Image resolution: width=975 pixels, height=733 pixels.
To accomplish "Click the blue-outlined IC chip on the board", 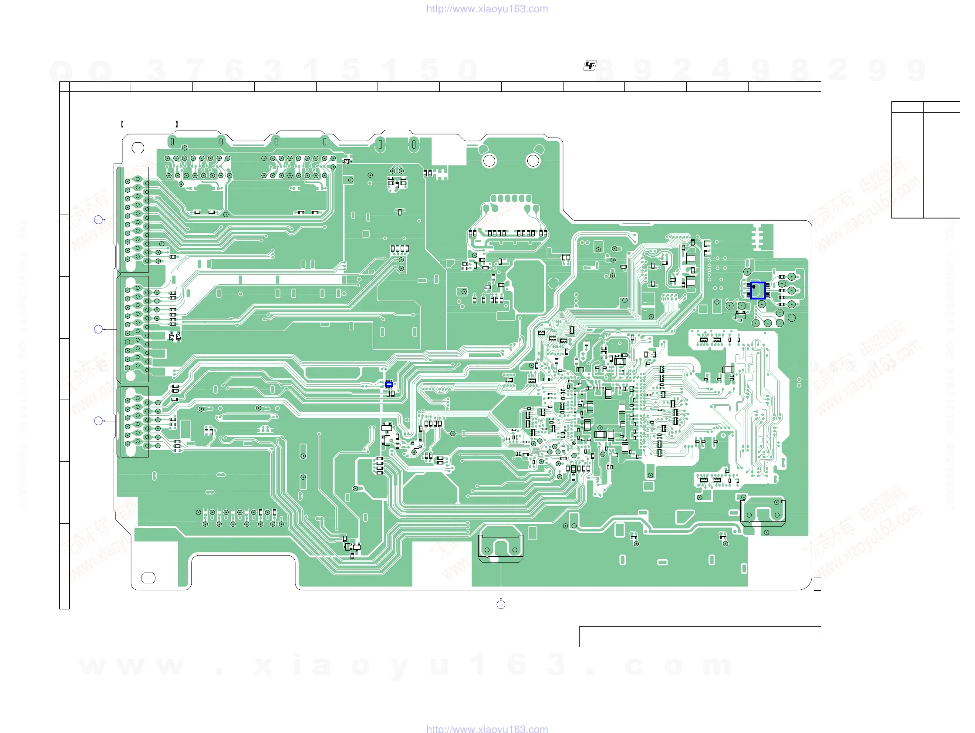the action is pos(758,291).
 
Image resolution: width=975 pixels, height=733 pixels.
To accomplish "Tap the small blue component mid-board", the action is pos(389,384).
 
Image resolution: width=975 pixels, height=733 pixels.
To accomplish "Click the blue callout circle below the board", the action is pos(501,605).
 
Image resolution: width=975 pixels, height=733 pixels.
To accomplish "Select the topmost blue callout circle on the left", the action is pos(98,220).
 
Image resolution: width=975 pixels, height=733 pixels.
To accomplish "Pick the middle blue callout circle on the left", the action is pos(98,329).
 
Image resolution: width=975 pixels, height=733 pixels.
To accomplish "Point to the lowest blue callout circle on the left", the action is pos(98,420).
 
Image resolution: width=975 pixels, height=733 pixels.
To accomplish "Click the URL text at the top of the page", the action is pos(487,9).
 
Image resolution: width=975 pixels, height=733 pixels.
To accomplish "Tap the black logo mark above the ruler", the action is pos(589,66).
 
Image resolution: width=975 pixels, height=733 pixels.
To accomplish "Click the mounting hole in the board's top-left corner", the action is pos(138,148).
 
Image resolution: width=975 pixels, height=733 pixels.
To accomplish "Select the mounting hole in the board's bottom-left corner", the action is pos(148,578).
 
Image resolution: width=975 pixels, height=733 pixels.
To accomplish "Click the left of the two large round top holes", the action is pos(489,161).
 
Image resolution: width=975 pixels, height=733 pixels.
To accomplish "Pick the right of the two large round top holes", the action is pos(533,161).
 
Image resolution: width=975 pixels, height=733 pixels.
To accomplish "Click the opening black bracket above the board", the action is pos(122,124).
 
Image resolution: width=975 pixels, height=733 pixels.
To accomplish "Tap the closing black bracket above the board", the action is pos(177,124).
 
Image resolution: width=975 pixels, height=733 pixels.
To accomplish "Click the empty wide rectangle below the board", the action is pos(699,636).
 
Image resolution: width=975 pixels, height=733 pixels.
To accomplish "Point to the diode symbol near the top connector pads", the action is pos(347,161).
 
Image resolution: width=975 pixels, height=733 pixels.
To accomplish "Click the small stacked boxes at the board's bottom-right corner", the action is pos(817,584).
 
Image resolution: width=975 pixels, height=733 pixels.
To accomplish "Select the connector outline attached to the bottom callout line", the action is pos(501,546).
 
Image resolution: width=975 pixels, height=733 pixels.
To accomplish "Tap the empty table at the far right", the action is pos(925,159).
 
